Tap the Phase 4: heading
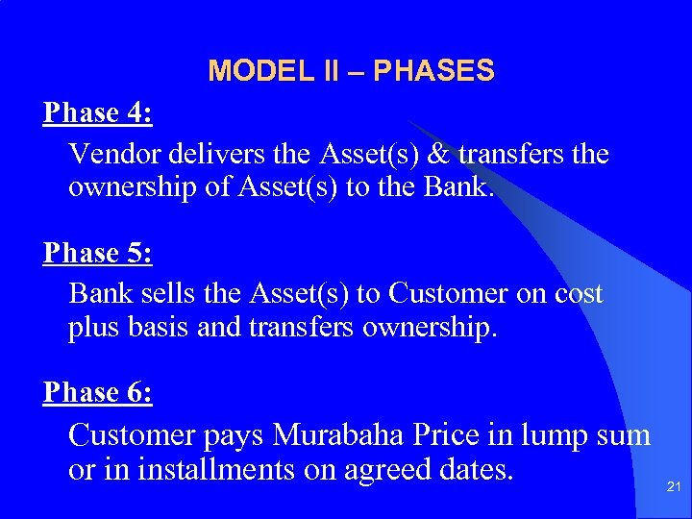(97, 113)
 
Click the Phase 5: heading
(97, 253)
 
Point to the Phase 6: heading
(97, 392)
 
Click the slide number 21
(674, 488)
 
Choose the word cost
(579, 293)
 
